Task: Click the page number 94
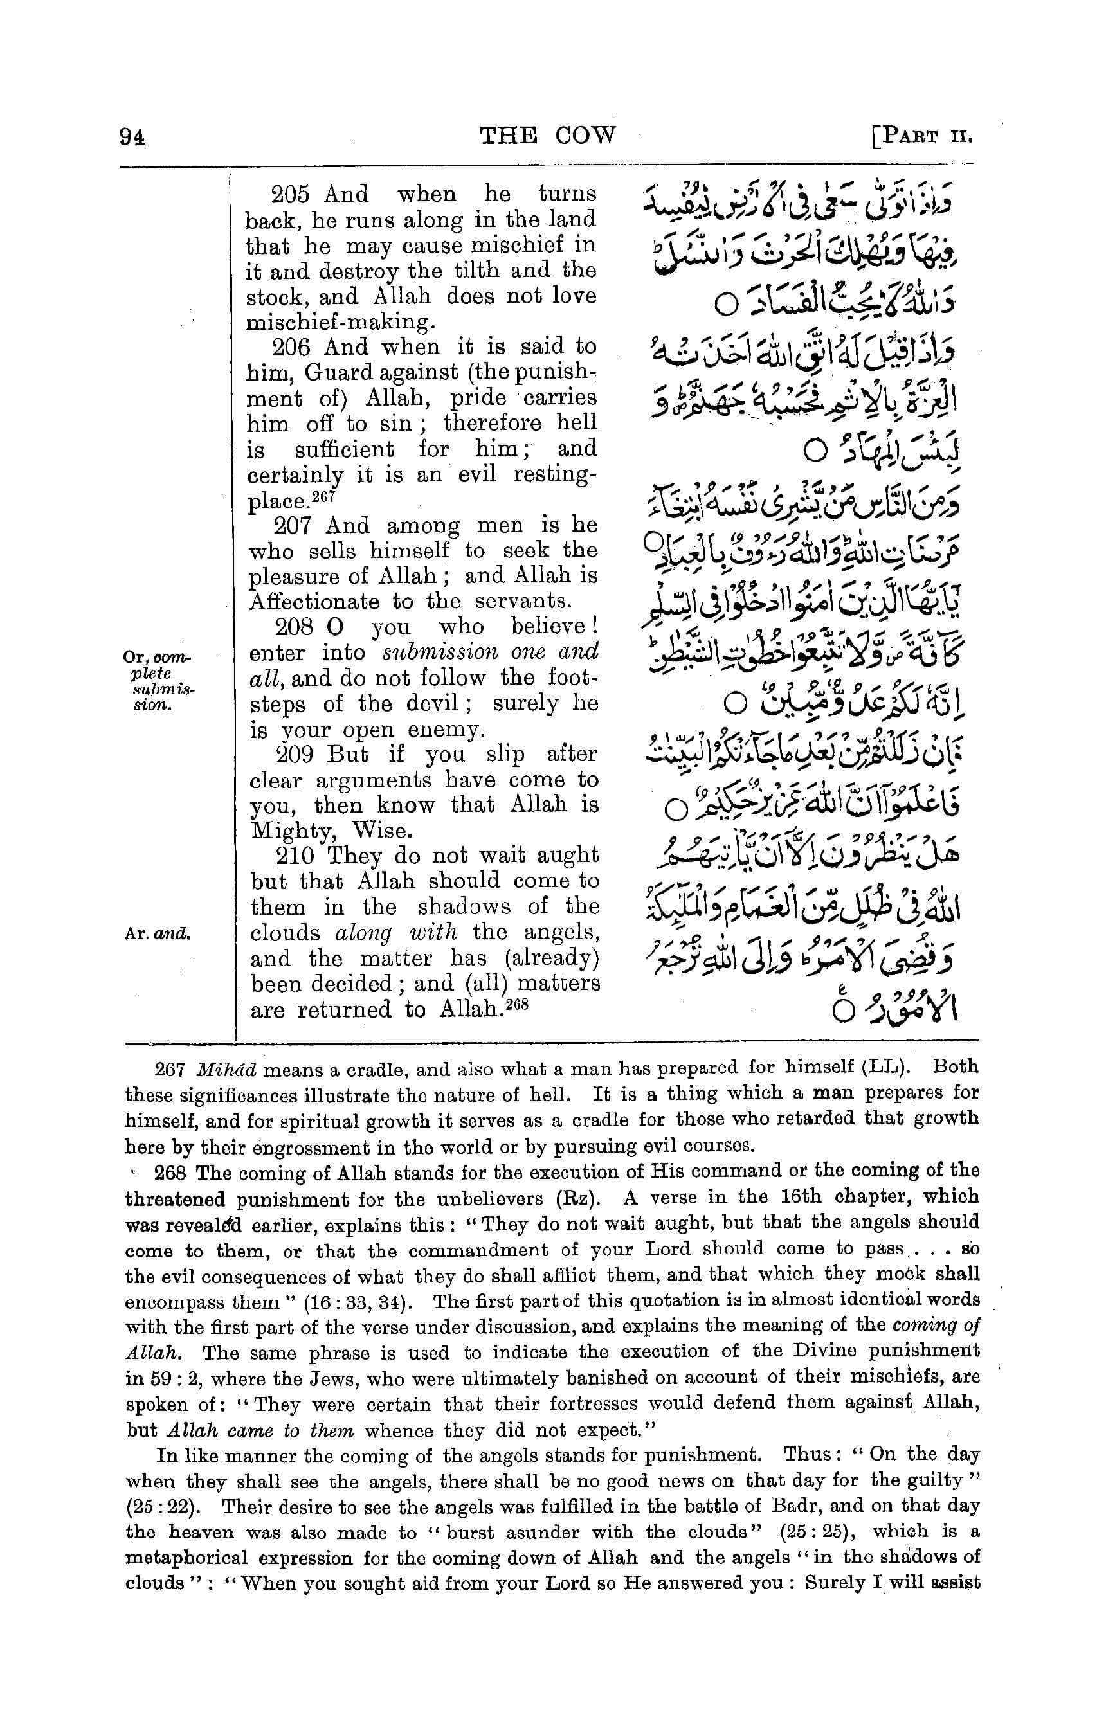pos(133,136)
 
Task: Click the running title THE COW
pos(547,135)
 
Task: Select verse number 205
pos(290,195)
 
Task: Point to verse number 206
pos(291,348)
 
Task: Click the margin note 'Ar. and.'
pos(156,934)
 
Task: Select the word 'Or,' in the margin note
pos(134,657)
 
